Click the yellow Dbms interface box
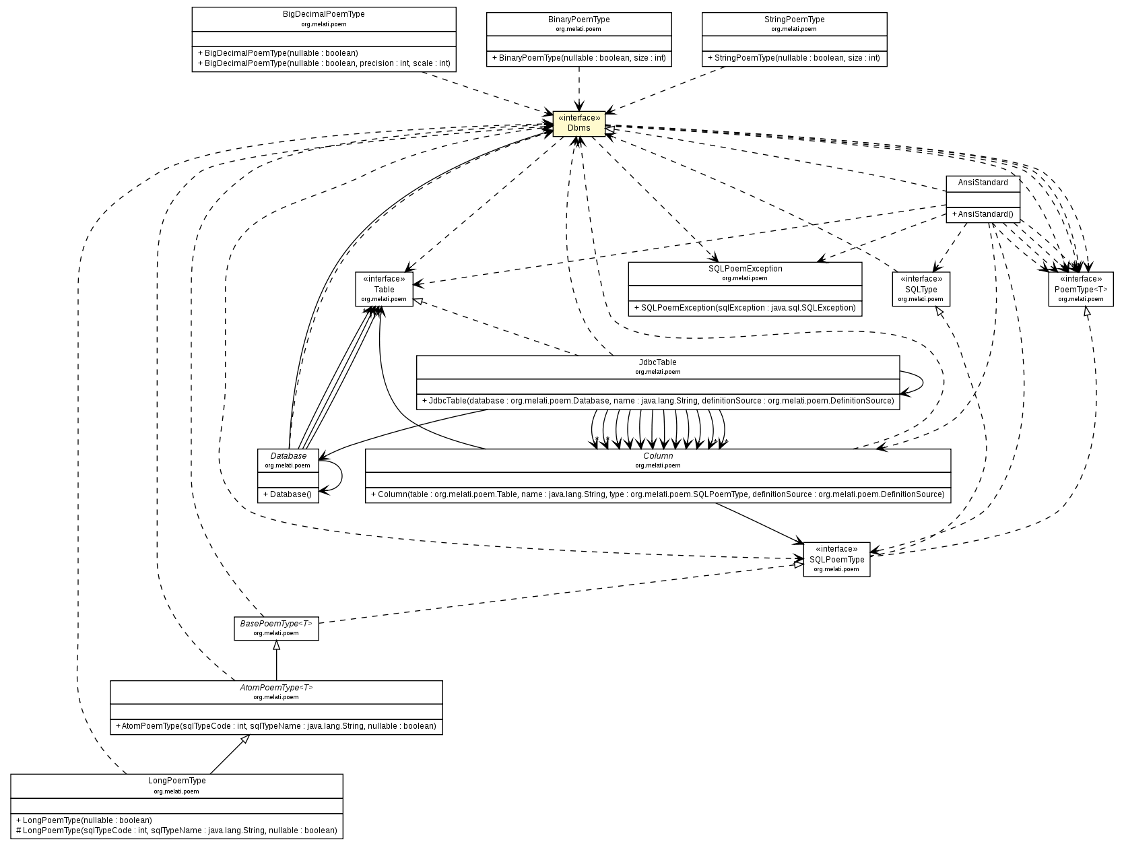pos(578,123)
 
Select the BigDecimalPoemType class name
pos(324,14)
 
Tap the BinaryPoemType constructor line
pos(578,58)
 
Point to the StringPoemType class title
pos(794,20)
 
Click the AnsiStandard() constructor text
pos(983,214)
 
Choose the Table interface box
pos(384,289)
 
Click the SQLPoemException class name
pos(745,269)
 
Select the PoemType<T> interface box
pos(1080,289)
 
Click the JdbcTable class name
pos(657,362)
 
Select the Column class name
pos(657,456)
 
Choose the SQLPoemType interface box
pos(836,559)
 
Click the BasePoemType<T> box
pos(276,628)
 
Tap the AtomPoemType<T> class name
pos(276,688)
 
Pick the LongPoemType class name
pos(176,781)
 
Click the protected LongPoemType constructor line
pos(176,831)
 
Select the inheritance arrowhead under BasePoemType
pos(276,645)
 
